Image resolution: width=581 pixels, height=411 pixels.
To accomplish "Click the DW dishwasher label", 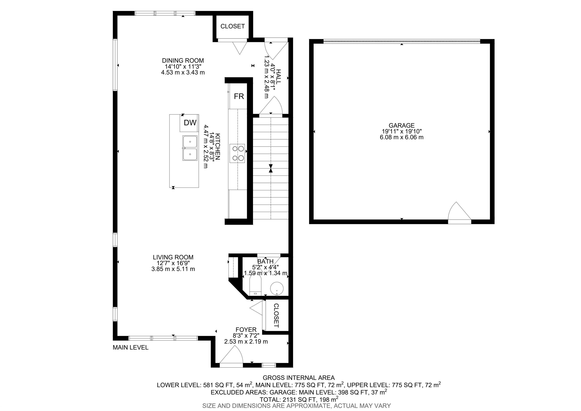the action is click(190, 123).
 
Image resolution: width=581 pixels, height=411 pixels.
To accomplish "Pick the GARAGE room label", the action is click(402, 125).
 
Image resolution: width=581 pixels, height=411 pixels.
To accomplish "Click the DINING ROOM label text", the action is click(183, 61).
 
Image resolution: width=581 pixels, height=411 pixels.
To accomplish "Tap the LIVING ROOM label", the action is click(173, 257).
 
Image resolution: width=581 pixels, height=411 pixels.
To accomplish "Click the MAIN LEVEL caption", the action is click(130, 347).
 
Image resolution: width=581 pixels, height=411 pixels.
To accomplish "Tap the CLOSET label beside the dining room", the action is click(233, 26).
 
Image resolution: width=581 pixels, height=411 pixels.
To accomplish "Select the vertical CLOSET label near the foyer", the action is click(276, 316).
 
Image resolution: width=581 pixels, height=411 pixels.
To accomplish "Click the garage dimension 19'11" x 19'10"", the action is click(402, 131).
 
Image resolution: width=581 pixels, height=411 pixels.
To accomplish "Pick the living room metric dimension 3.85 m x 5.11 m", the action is click(173, 269).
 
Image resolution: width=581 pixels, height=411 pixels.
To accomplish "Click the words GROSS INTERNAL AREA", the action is click(299, 378).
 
